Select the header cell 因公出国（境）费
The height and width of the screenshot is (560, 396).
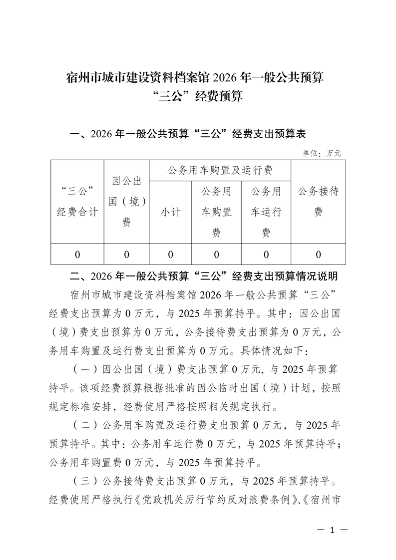(127, 202)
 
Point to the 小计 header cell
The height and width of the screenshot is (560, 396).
(170, 212)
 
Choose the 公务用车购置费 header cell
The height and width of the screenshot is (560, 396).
(216, 212)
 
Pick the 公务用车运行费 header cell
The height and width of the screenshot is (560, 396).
(266, 212)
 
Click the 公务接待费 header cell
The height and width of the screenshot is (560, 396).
(318, 202)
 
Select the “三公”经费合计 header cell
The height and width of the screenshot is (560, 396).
(77, 202)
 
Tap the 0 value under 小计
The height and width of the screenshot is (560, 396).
(170, 255)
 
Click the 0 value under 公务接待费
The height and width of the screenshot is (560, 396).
(318, 255)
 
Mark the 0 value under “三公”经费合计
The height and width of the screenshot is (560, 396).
(77, 255)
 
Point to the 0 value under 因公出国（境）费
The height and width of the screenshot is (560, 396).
(127, 255)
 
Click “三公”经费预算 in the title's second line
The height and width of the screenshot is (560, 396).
(198, 96)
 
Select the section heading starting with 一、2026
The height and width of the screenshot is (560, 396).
(189, 134)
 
